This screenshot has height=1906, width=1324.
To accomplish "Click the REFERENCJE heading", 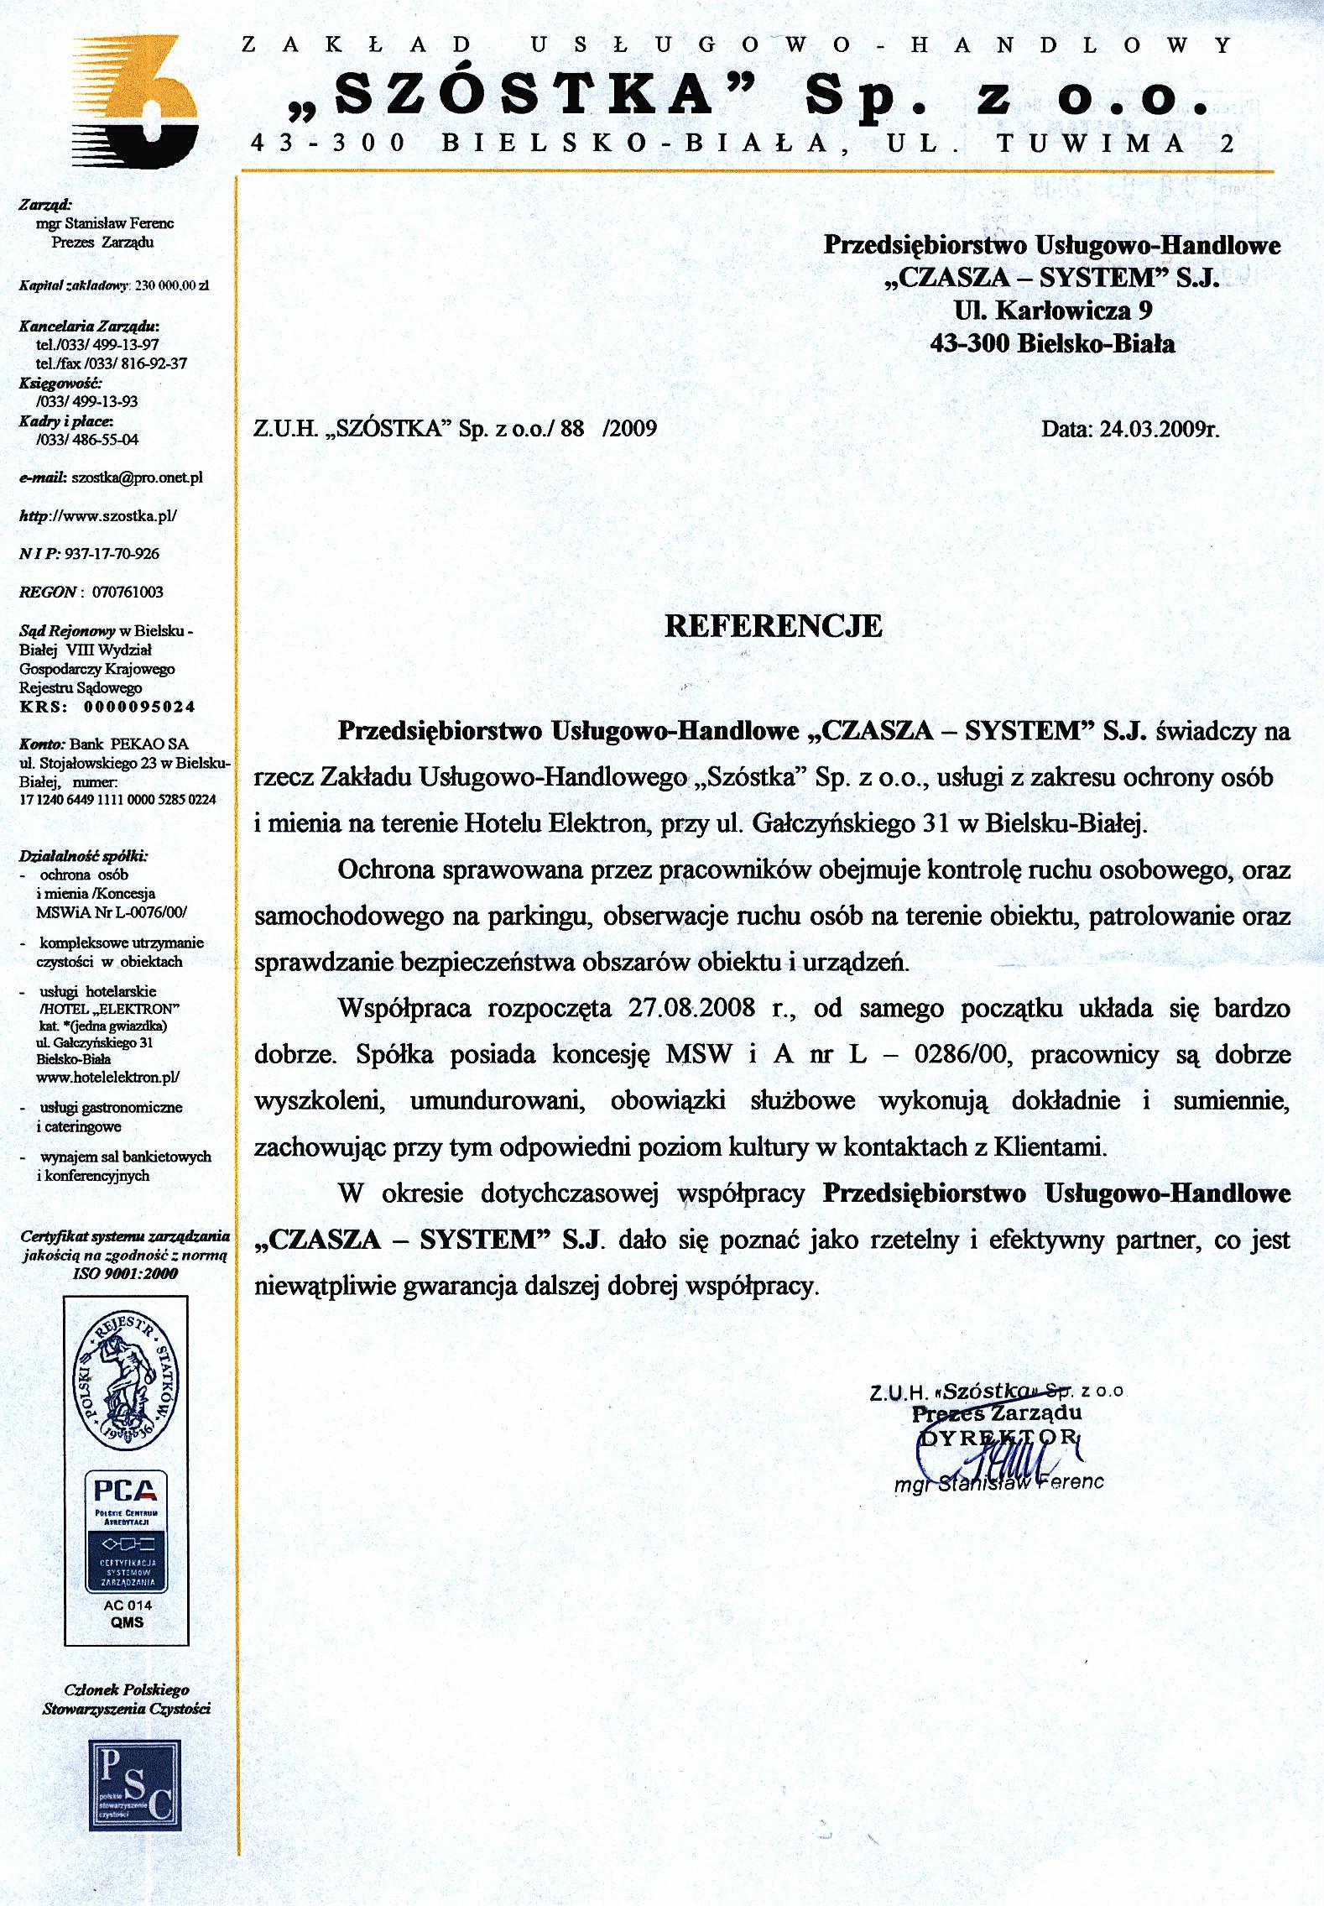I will [x=773, y=626].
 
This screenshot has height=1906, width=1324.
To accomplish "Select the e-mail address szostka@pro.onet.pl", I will [x=137, y=478].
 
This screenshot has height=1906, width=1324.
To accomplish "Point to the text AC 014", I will [x=128, y=1605].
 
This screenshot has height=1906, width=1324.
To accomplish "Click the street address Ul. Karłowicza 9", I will [x=1052, y=311].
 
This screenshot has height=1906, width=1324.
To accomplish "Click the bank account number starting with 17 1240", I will [x=117, y=800].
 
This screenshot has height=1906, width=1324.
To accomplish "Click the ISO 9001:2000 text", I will [x=126, y=1273].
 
